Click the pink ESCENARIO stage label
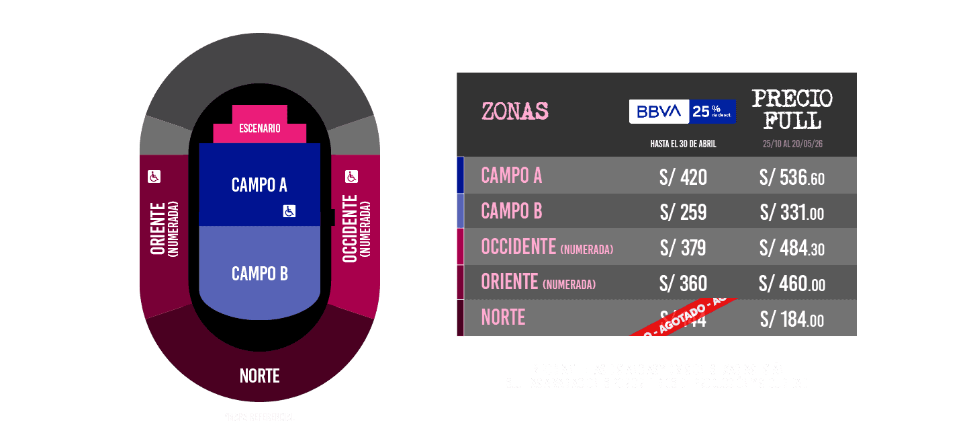(259, 128)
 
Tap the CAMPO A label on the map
(259, 185)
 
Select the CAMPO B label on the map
(259, 274)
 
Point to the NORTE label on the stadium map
(259, 376)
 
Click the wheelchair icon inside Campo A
(289, 211)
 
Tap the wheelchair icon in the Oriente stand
(154, 176)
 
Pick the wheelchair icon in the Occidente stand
(351, 176)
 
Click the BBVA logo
(659, 112)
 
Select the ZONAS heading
(515, 111)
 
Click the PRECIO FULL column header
(792, 109)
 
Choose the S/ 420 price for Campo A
(683, 177)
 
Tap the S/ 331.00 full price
(792, 213)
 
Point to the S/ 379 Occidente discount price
(683, 248)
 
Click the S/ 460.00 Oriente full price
(792, 284)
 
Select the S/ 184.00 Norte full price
(792, 320)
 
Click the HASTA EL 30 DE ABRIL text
(683, 145)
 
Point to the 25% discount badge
(712, 112)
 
